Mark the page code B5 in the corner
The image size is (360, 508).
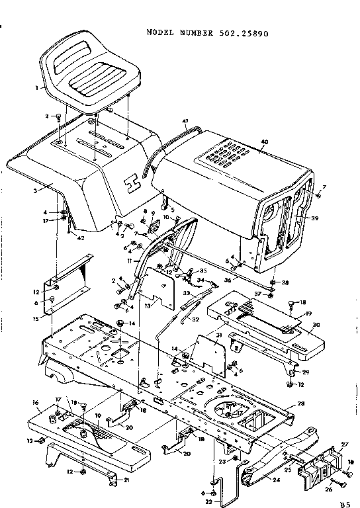(x=344, y=503)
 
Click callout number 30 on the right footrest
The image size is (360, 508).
(x=316, y=325)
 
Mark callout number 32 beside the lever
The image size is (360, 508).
(x=195, y=320)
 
